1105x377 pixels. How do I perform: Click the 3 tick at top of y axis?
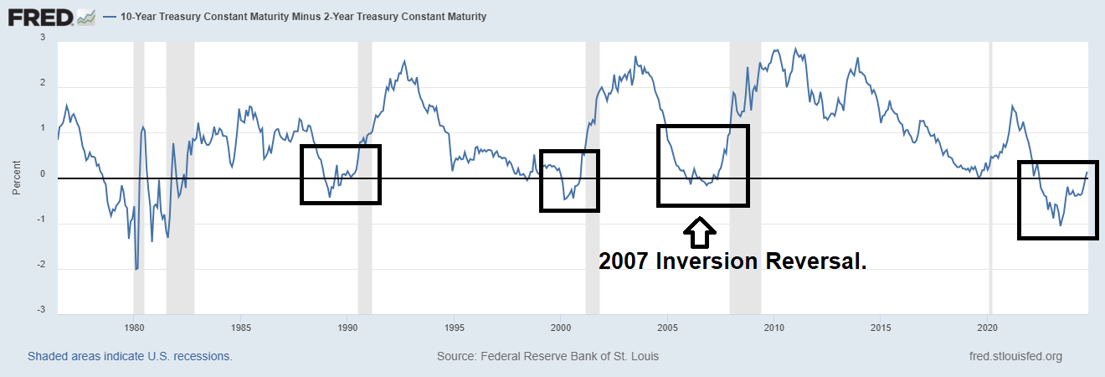tap(43, 38)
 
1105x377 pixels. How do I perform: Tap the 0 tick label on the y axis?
tap(42, 174)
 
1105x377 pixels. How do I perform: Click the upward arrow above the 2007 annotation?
tap(701, 228)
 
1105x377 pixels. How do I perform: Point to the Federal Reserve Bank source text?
tap(547, 356)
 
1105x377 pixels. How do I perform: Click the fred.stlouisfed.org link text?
tap(1015, 356)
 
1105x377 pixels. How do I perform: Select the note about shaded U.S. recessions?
tap(130, 356)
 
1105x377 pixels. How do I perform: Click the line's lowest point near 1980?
tap(136, 269)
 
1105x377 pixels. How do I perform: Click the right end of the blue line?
tap(1087, 173)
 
